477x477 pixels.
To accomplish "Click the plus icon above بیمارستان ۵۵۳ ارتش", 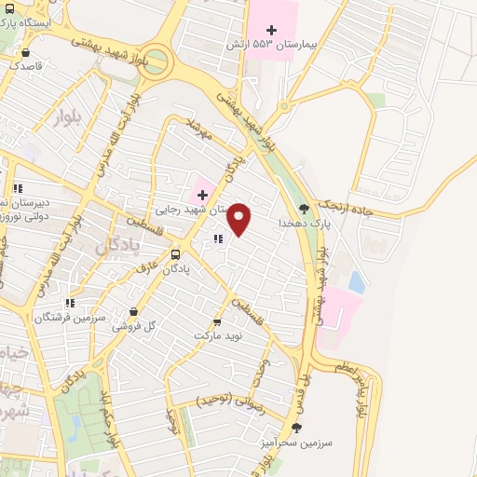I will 271,30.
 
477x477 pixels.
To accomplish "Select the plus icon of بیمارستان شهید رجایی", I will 202,195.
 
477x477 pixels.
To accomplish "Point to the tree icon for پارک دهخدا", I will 302,210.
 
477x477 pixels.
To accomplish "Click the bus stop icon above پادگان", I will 176,254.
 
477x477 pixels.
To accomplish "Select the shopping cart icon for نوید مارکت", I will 217,321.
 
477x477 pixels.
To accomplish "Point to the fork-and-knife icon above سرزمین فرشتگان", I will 70,303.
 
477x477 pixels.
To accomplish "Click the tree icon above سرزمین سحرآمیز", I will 297,429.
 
